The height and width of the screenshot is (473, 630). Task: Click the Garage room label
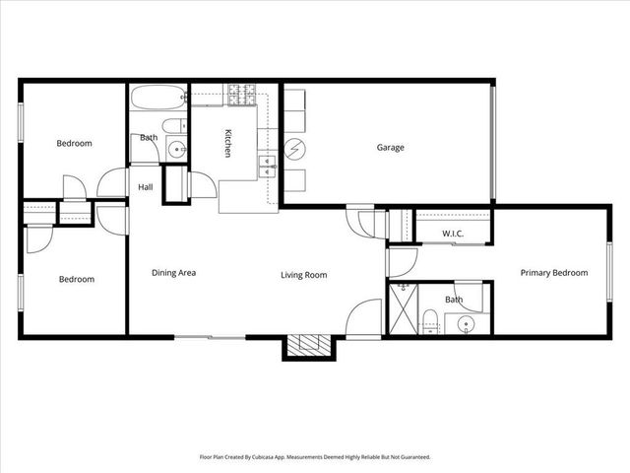(x=391, y=148)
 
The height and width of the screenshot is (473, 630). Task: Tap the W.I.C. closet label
(x=453, y=234)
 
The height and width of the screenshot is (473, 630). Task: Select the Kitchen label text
(x=227, y=144)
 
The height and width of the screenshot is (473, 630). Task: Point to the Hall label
(x=146, y=186)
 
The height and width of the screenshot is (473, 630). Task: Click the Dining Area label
(x=173, y=274)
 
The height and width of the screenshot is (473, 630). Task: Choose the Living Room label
(x=303, y=275)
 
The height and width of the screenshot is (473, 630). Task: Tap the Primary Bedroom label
(x=554, y=273)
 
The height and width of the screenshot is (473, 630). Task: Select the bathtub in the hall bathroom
(x=158, y=100)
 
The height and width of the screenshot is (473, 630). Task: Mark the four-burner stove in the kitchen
(x=242, y=96)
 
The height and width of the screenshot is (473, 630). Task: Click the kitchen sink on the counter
(x=267, y=166)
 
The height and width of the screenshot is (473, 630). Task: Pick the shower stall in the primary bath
(x=404, y=309)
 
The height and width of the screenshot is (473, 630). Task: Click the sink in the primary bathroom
(x=465, y=324)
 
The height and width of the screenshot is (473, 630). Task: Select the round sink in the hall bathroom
(x=176, y=150)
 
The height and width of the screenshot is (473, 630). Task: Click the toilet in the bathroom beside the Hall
(x=173, y=125)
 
